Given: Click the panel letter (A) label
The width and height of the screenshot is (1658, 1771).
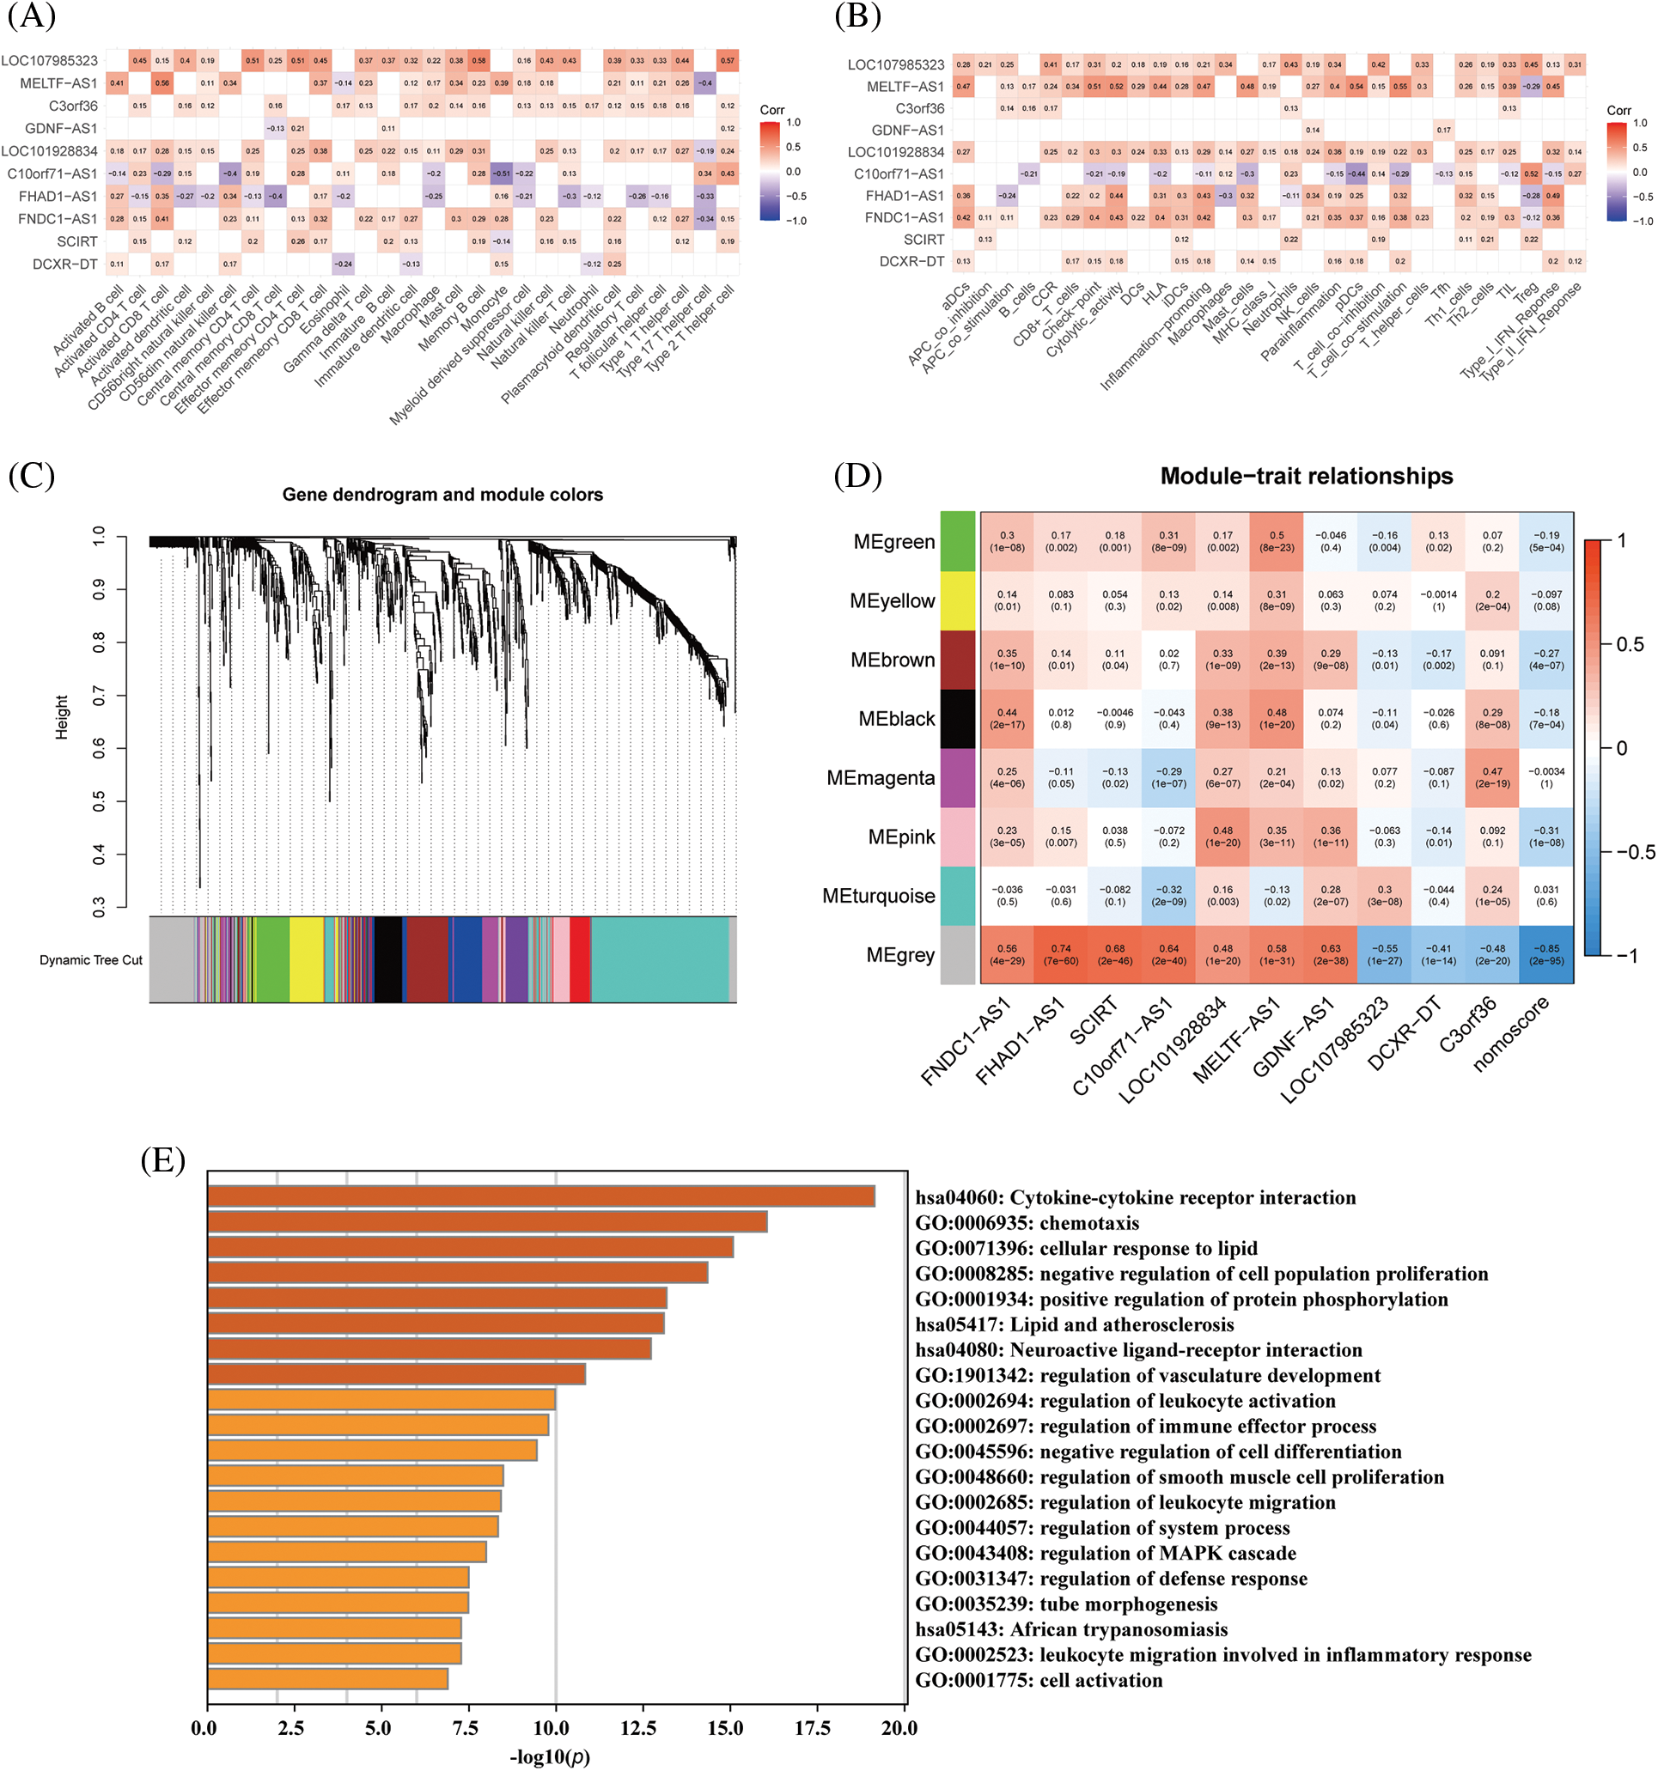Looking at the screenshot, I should [x=31, y=16].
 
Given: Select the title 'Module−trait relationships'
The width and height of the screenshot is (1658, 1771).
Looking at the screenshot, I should [x=1305, y=477].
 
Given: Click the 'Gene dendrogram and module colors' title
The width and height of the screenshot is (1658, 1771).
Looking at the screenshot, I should [x=442, y=495].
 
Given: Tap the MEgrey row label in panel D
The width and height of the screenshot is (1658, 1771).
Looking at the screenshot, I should [x=899, y=955].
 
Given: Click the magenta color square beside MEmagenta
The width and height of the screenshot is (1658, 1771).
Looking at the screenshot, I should [x=958, y=777].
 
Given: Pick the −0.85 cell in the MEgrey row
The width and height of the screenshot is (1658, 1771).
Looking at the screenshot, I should [x=1545, y=954].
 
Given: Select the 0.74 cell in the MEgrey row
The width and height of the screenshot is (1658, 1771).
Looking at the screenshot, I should [x=1060, y=954].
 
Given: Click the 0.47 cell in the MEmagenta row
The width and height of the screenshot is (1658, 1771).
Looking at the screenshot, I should [x=1492, y=777].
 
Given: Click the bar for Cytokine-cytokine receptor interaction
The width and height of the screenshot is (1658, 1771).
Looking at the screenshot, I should [x=541, y=1196].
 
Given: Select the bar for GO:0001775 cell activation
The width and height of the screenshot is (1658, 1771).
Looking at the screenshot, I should [x=327, y=1679].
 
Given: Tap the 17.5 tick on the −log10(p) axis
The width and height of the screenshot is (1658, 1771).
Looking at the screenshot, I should [x=812, y=1729].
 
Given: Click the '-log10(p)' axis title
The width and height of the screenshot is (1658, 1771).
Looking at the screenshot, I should [x=550, y=1756].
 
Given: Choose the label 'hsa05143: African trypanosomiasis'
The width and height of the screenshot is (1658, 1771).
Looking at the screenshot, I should [x=1071, y=1629].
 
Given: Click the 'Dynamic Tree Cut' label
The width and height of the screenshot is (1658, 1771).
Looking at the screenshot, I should [x=90, y=960].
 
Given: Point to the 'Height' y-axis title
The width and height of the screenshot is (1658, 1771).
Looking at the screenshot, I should [x=62, y=717].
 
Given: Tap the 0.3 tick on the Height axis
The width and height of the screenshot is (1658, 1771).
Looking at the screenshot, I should [x=99, y=907].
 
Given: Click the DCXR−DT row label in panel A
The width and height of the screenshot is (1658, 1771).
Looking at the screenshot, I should [x=64, y=265].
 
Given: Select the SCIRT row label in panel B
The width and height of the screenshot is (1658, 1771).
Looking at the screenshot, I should [x=923, y=240].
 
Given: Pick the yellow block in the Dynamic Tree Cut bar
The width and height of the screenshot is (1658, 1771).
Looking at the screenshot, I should [x=306, y=959].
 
